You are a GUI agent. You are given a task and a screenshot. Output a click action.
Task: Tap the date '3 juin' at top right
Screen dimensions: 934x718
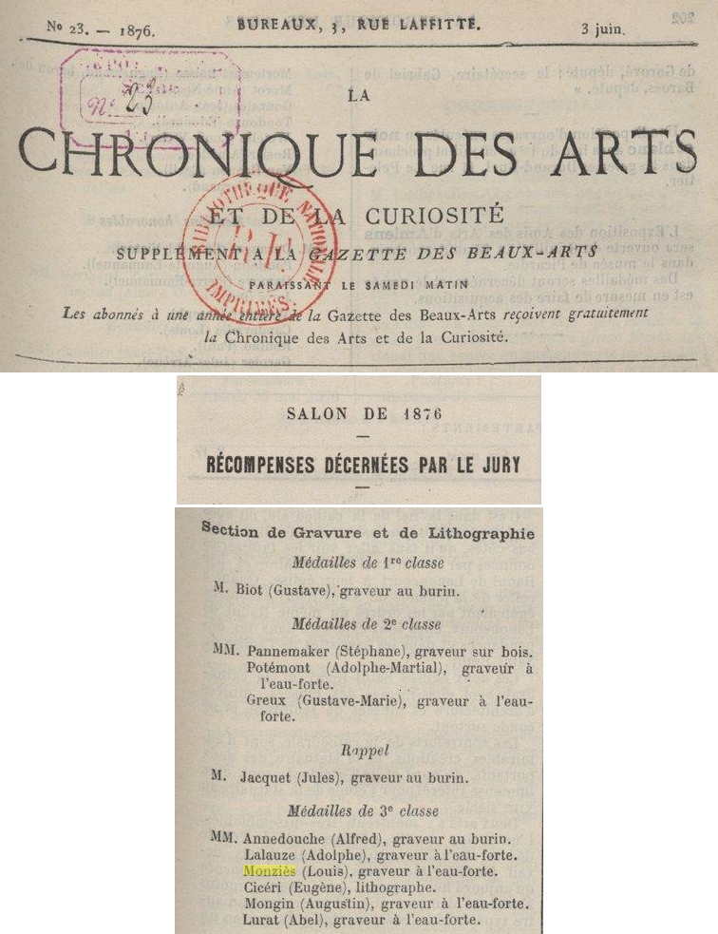click(604, 29)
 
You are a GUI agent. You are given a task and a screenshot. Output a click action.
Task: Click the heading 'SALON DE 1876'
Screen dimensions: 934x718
click(359, 413)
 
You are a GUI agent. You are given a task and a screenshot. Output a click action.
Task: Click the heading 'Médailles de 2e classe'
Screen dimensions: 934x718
click(367, 624)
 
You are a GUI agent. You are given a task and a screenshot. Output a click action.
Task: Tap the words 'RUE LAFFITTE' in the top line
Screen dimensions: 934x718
click(420, 27)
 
